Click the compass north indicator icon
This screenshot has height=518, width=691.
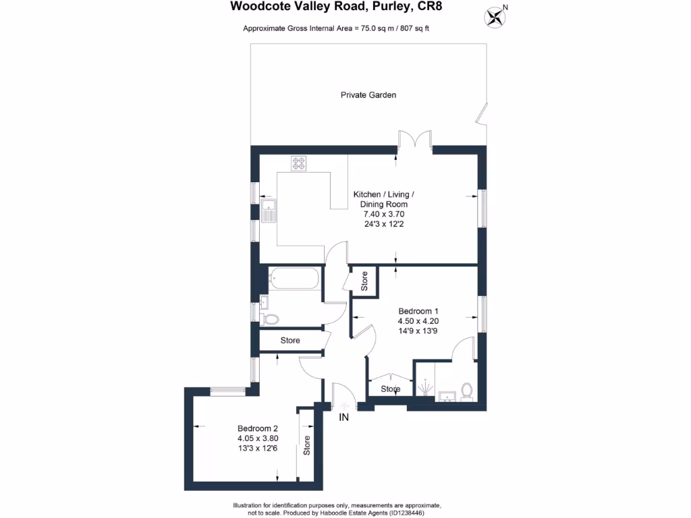pos(496,16)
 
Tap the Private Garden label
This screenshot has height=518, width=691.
pos(368,95)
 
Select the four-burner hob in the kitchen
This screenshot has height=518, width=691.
pos(298,163)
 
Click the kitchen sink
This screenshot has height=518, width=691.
pos(268,211)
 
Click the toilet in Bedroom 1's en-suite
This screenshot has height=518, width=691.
pos(466,391)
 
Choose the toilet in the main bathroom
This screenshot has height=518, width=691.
pos(270,318)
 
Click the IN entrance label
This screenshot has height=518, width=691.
pos(344,418)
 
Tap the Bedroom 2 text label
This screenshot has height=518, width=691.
pos(258,428)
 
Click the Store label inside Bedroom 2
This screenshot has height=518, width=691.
pos(307,446)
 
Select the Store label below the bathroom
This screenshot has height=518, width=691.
pos(290,341)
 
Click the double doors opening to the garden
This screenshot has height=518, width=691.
pos(415,140)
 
